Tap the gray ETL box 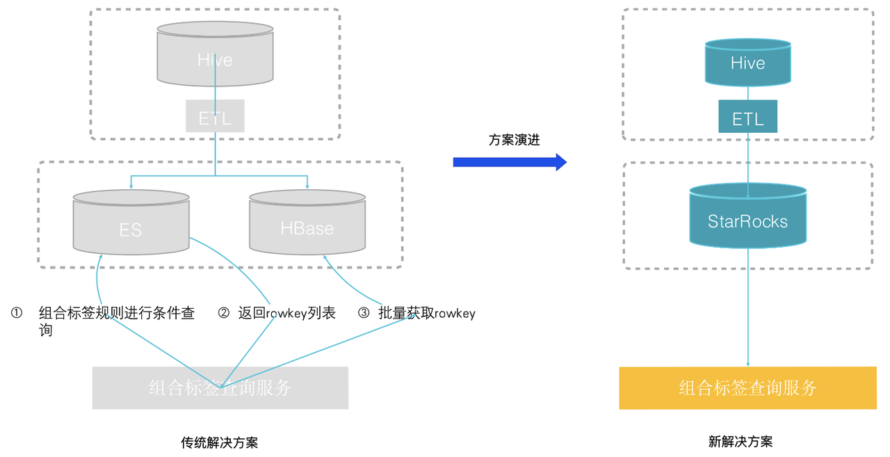pos(215,116)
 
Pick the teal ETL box pos(747,116)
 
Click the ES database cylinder pos(131,224)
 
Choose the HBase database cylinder pos(307,224)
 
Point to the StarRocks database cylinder pos(747,217)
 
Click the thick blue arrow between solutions pos(510,162)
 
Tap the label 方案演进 pos(514,140)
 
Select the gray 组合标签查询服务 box pos(220,387)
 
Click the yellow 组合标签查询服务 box pos(747,387)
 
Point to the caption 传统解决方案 pos(220,442)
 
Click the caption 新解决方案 pos(741,442)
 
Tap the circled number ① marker pos(17,313)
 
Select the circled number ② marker pos(224,313)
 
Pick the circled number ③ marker pos(364,313)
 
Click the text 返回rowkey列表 pos(286,313)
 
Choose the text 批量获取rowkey pos(427,313)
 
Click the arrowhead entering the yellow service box pos(748,364)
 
